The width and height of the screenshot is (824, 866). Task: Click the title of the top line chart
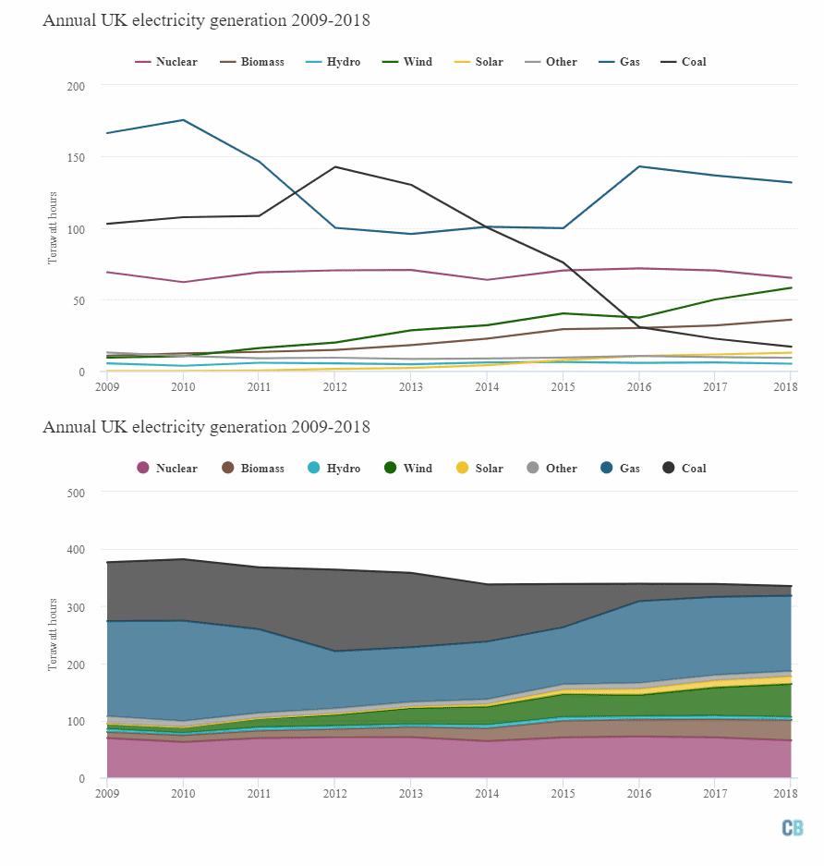(x=206, y=20)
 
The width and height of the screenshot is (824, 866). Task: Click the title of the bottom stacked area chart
(x=206, y=427)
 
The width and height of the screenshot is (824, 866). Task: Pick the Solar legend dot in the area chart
(x=462, y=469)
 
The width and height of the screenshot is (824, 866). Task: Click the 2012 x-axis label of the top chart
(x=334, y=386)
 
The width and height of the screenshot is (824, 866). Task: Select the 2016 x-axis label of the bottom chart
(x=638, y=793)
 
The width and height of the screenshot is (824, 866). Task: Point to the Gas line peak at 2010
(x=183, y=120)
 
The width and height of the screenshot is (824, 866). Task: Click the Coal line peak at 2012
(x=334, y=167)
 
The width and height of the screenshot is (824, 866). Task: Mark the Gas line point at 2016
(x=638, y=166)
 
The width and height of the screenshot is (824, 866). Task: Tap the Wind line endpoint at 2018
(x=791, y=287)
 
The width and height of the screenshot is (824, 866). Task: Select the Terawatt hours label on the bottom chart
(x=53, y=635)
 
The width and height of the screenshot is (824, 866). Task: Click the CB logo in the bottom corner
(x=792, y=828)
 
